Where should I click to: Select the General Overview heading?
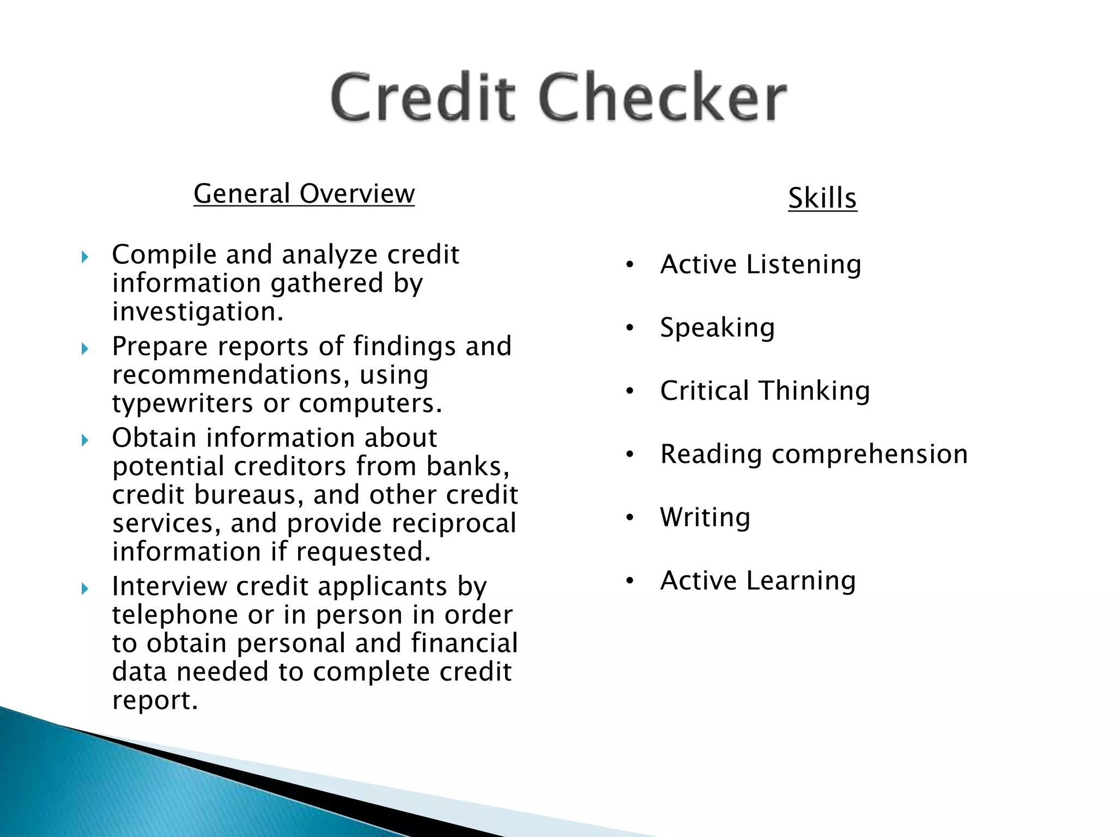point(304,194)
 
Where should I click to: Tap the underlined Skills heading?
point(822,198)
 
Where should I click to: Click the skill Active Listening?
point(760,265)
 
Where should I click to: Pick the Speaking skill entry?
point(717,328)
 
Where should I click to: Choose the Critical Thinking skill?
point(765,391)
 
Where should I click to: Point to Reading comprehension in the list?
point(814,454)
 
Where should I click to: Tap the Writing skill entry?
point(705,518)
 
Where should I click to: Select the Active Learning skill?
point(757,581)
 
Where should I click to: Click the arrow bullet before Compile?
point(84,257)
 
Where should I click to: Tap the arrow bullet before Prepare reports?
point(84,348)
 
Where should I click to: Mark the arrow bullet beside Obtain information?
point(84,440)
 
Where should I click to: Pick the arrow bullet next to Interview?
point(84,589)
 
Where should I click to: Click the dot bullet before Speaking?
point(630,328)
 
